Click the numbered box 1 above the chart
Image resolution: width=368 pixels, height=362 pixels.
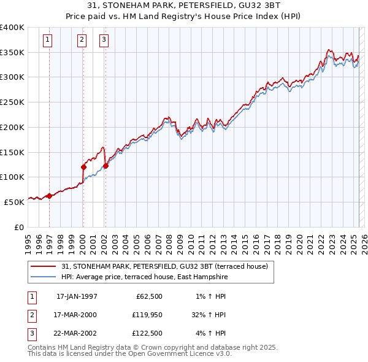tap(48, 40)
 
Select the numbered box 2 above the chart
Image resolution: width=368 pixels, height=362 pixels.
tap(82, 40)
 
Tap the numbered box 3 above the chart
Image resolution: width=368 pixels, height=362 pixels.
tap(104, 40)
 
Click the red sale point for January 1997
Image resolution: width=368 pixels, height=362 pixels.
tap(49, 196)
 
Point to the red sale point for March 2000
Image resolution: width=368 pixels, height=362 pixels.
tap(83, 166)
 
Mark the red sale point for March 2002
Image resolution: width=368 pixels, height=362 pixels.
tap(105, 165)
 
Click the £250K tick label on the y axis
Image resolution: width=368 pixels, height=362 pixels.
tap(12, 102)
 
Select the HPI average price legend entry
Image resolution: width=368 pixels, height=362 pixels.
tap(144, 277)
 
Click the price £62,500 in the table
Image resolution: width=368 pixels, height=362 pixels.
tap(147, 296)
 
